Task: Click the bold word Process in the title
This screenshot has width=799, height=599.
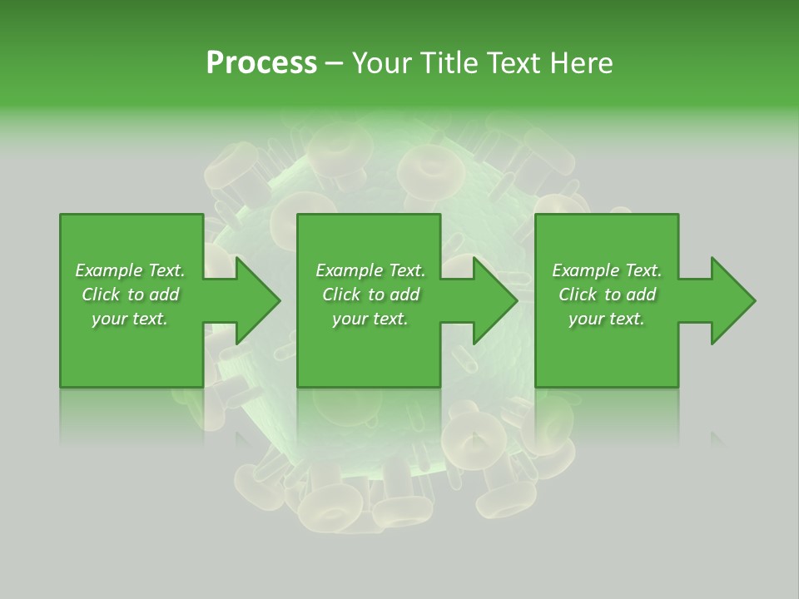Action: click(x=261, y=63)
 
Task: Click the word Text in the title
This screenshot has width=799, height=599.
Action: click(x=514, y=63)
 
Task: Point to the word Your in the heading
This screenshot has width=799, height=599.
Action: click(x=385, y=63)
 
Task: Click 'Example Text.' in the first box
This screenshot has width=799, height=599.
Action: click(x=130, y=270)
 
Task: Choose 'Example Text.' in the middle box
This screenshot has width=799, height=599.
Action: click(x=370, y=270)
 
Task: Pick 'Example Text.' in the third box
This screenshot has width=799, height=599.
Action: click(x=607, y=270)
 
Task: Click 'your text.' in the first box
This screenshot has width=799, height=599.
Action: click(x=130, y=319)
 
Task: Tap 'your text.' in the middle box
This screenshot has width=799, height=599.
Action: click(x=370, y=319)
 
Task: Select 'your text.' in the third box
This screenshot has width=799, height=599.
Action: click(x=607, y=319)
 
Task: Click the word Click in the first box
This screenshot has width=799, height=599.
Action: click(x=101, y=295)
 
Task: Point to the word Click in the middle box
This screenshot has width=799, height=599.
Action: click(x=341, y=295)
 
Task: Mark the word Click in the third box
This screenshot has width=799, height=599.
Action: click(x=578, y=295)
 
